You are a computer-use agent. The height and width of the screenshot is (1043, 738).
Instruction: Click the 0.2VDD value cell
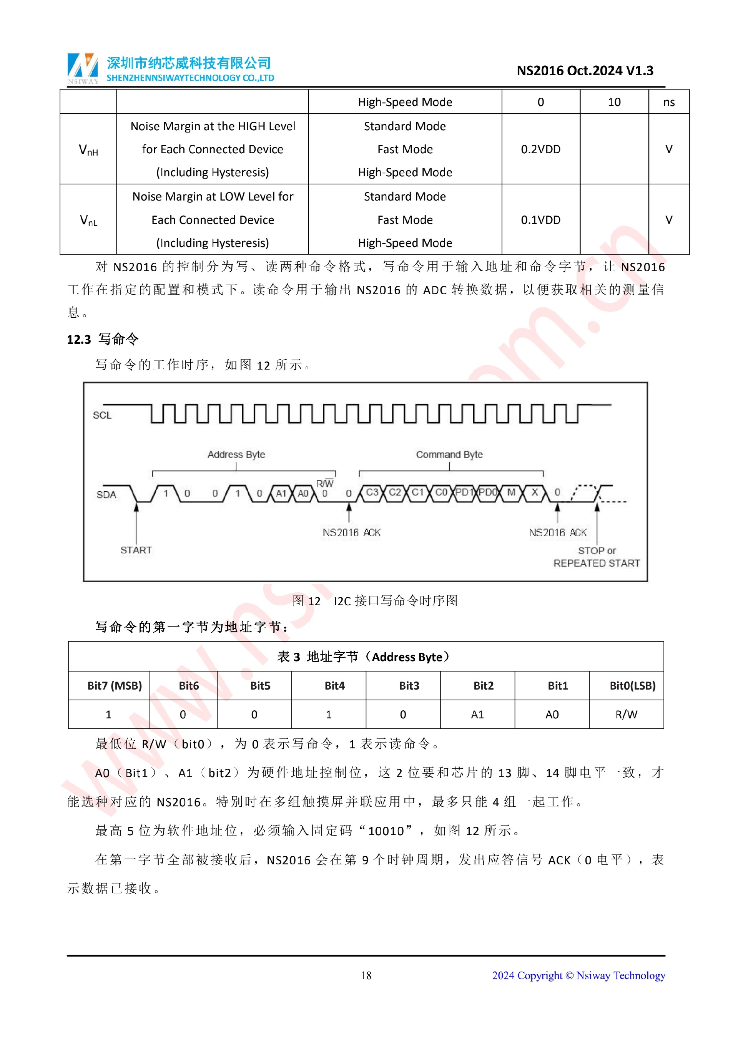point(540,149)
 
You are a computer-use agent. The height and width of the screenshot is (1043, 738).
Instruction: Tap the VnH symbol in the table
point(88,150)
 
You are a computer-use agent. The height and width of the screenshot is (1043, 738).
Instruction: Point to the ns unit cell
point(668,102)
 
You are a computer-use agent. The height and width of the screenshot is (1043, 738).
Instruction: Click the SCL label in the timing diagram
point(102,415)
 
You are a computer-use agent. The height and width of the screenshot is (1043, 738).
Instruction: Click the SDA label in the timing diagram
point(106,495)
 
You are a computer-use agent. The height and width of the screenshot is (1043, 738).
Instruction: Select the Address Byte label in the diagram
point(236,455)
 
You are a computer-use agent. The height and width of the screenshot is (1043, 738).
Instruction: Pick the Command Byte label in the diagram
point(449,455)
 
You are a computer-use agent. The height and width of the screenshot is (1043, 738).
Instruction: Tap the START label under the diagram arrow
point(136,550)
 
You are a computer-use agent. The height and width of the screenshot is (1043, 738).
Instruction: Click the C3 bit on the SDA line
point(372,492)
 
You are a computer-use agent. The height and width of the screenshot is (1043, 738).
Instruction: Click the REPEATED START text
point(597,563)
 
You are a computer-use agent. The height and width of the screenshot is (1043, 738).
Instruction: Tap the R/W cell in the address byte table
point(626,715)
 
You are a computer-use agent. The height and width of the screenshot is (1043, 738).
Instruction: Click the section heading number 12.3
point(79,339)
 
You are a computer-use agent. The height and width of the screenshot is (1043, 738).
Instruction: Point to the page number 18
point(366,975)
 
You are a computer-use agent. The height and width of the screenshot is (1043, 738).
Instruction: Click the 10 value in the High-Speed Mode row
point(614,102)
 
